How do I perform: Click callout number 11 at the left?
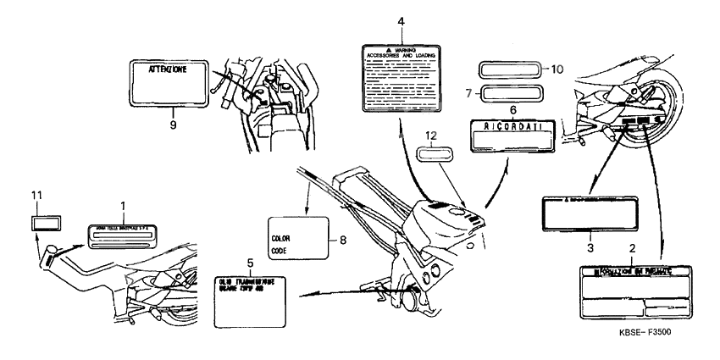tap(36, 197)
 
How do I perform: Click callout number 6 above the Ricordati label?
tap(512, 109)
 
